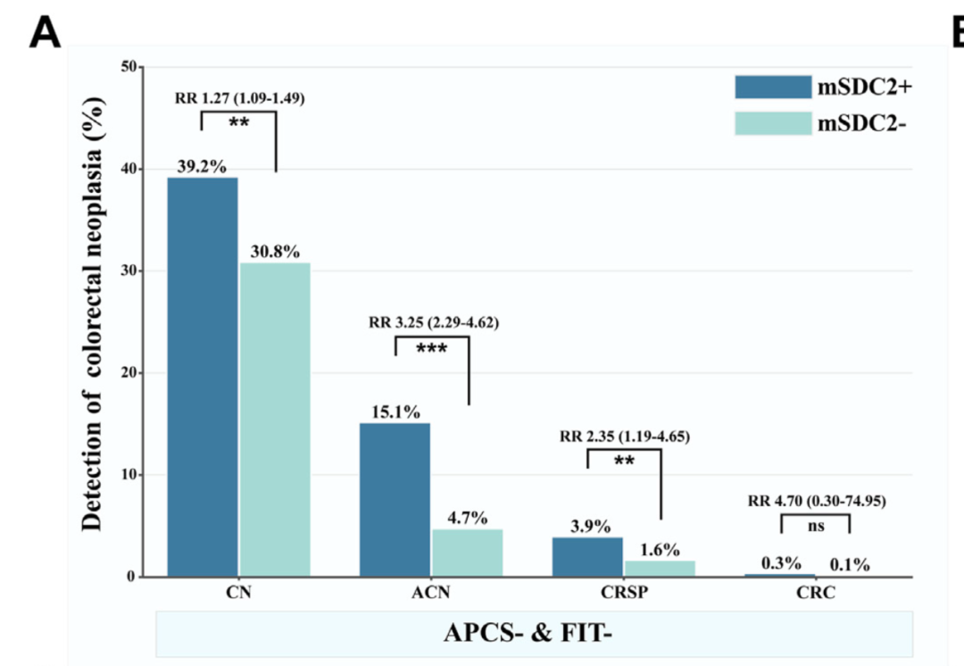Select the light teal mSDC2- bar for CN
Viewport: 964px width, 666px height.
tap(275, 420)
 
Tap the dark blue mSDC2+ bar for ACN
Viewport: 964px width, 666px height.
tap(395, 500)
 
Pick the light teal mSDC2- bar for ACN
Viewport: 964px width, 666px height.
tap(468, 553)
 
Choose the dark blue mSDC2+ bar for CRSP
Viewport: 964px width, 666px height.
tap(587, 556)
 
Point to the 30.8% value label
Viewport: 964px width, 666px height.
tap(274, 252)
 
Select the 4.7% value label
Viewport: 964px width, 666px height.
tap(468, 518)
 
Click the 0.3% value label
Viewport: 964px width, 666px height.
tap(780, 563)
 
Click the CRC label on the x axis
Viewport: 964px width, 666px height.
tap(818, 595)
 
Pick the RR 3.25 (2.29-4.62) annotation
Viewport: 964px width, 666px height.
tap(434, 322)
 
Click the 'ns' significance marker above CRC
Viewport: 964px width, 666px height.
tap(816, 527)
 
